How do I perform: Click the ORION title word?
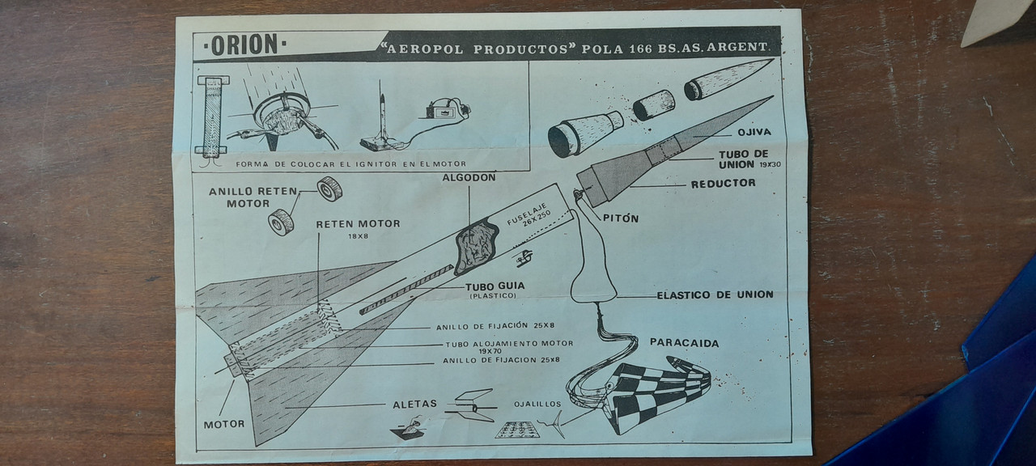(x=244, y=44)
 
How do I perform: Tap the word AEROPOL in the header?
(x=425, y=49)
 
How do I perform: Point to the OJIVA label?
(x=754, y=132)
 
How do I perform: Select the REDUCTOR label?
(x=724, y=184)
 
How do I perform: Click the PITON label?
(x=621, y=218)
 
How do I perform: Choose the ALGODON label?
(x=469, y=177)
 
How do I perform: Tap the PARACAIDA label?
(x=685, y=343)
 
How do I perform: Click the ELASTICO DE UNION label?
(x=715, y=294)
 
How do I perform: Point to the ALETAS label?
(x=415, y=404)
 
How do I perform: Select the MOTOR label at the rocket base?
(x=224, y=424)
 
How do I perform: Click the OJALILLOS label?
(x=537, y=404)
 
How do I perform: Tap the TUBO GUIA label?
(x=495, y=286)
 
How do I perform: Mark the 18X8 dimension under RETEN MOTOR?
(x=359, y=236)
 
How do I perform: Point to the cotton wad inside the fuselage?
(x=477, y=246)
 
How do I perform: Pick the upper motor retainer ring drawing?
(x=329, y=189)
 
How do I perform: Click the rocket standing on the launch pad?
(x=382, y=113)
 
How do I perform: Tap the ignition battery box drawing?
(x=439, y=111)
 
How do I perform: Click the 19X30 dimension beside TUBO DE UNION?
(x=770, y=164)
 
